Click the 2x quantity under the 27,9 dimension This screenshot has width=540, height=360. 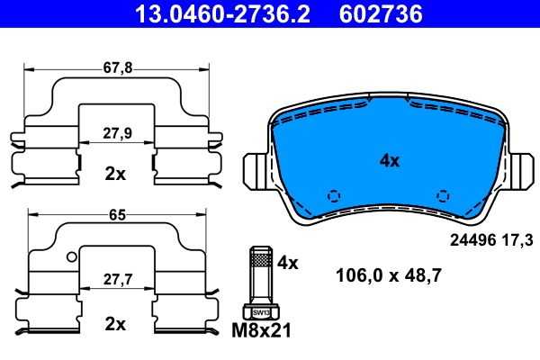(x=114, y=174)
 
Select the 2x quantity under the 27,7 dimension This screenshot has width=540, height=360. (x=114, y=323)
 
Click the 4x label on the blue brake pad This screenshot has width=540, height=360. (x=389, y=161)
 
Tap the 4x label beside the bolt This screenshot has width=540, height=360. (x=287, y=263)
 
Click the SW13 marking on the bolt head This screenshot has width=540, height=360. (x=259, y=312)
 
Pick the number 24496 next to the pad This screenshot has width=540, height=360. (x=472, y=239)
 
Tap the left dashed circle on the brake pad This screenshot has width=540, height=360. (x=335, y=195)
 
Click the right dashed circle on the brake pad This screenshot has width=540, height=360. (x=442, y=195)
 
